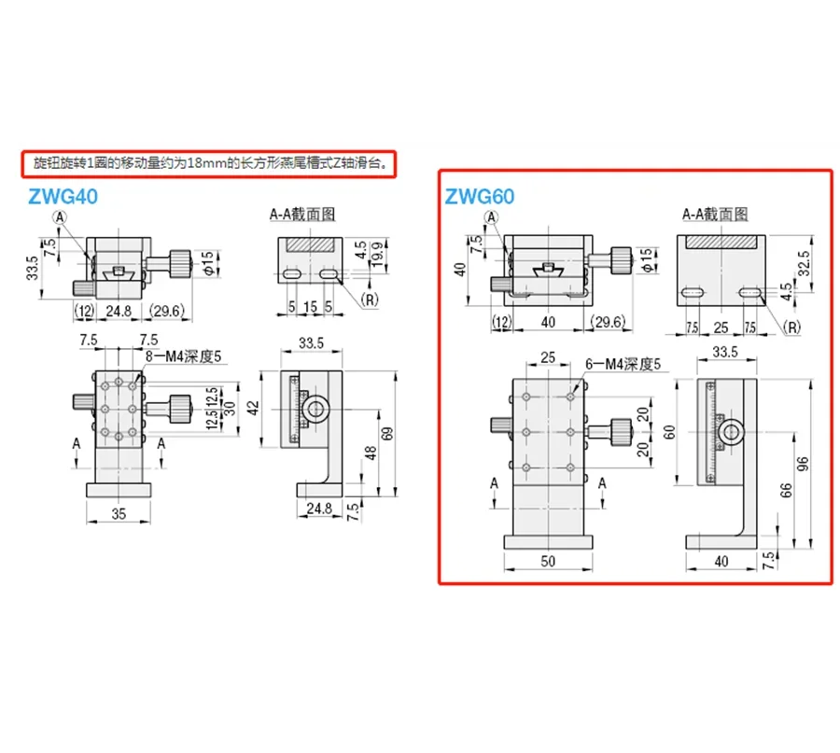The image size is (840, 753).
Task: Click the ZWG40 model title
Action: [x=63, y=197]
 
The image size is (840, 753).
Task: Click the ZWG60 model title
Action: [x=479, y=197]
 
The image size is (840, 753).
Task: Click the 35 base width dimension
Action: [x=119, y=513]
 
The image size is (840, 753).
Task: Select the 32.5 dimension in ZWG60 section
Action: [x=802, y=258]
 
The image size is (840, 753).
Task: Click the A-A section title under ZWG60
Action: [x=716, y=214]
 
